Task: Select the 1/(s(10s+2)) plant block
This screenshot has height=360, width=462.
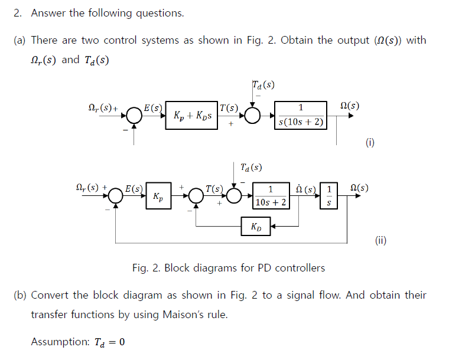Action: point(301,115)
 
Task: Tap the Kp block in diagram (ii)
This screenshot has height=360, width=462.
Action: point(158,197)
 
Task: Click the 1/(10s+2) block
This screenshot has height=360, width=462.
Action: point(271,196)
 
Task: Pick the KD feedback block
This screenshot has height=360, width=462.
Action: point(256,226)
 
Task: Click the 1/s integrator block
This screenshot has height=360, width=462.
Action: point(329,196)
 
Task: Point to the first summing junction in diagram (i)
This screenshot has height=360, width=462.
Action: point(134,116)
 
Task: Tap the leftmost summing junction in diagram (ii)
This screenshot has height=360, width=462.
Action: point(116,197)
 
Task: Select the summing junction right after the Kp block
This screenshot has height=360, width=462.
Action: point(196,197)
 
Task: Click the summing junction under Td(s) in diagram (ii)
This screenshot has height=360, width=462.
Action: point(235,197)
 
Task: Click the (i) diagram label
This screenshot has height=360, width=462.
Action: point(370,142)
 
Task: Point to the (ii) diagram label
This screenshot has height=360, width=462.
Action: point(381,240)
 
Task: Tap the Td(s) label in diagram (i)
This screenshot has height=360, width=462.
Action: point(263,84)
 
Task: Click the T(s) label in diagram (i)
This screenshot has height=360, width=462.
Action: point(229,108)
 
